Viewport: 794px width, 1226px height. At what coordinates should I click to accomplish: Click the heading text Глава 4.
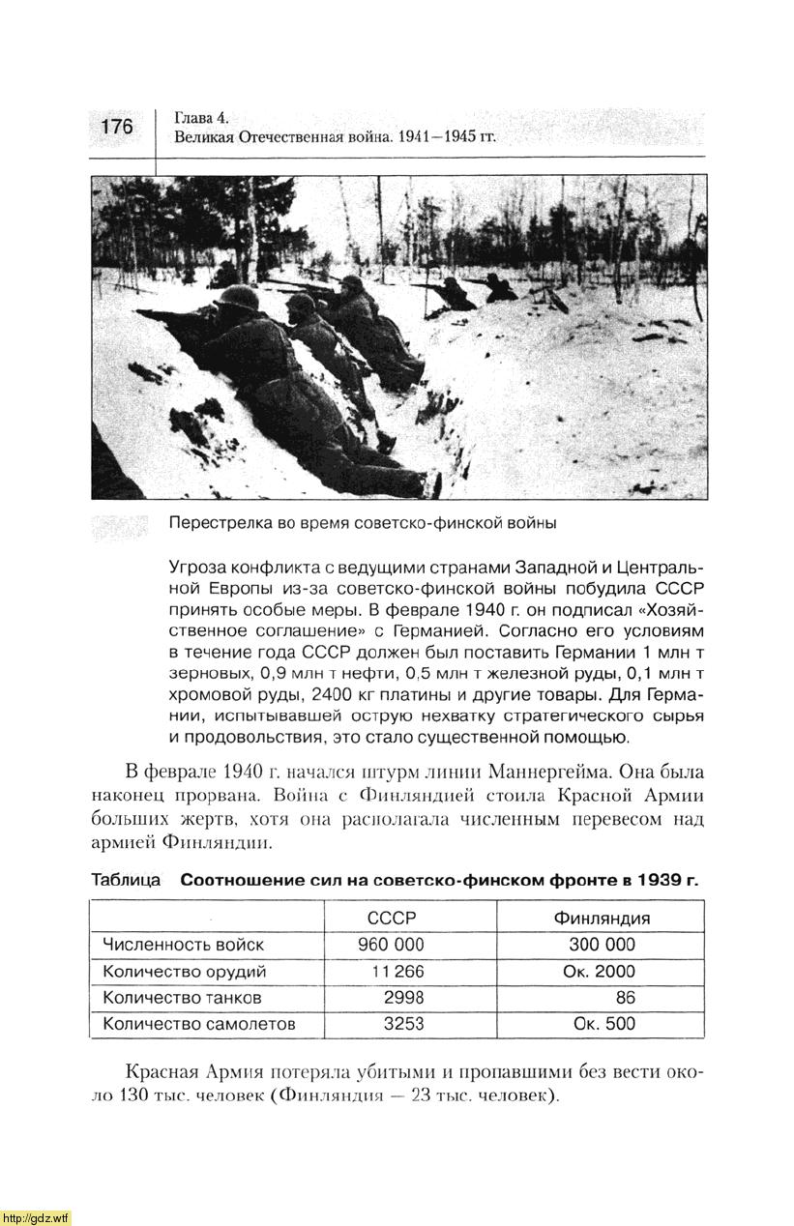click(201, 118)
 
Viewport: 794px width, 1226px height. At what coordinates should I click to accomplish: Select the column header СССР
click(392, 918)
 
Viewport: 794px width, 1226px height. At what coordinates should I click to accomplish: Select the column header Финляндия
click(601, 918)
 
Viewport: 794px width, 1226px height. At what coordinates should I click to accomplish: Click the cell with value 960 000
click(391, 945)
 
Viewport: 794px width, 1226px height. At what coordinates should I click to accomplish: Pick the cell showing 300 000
click(602, 945)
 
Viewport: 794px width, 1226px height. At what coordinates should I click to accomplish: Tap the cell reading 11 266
click(397, 971)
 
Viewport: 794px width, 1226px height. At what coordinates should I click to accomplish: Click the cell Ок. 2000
click(599, 971)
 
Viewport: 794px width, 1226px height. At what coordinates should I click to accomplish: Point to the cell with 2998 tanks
click(403, 997)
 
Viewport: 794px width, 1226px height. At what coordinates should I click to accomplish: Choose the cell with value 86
click(625, 997)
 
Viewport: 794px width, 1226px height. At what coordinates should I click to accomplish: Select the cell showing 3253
click(403, 1023)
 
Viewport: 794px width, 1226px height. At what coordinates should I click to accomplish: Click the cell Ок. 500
click(604, 1023)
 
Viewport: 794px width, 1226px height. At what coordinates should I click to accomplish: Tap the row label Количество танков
click(182, 997)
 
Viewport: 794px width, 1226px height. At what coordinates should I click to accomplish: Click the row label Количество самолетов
click(198, 1023)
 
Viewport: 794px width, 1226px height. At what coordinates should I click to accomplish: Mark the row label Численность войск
click(183, 945)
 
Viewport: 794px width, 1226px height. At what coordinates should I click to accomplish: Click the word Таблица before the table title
click(126, 881)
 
